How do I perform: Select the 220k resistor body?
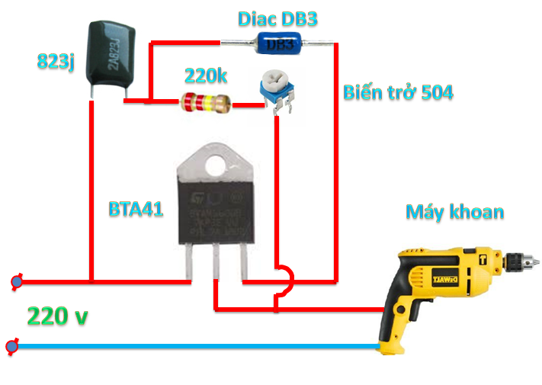(204, 102)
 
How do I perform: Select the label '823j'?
(55, 62)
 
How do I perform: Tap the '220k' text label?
(207, 75)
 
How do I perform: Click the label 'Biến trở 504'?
(397, 93)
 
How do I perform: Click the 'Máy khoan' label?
(454, 211)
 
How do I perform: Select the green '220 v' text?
(57, 315)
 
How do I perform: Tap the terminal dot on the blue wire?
(11, 347)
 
